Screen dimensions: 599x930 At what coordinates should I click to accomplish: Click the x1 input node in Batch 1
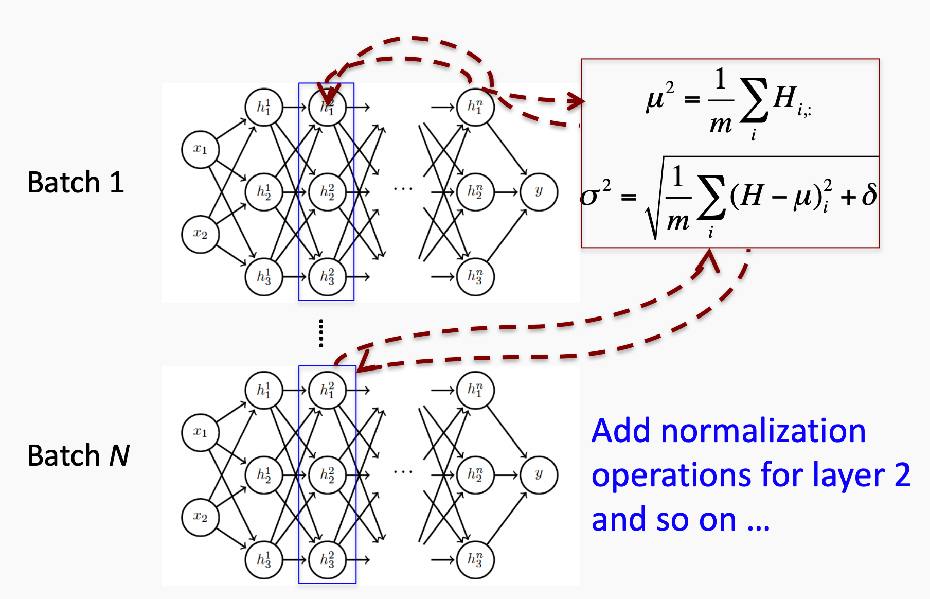coord(201,149)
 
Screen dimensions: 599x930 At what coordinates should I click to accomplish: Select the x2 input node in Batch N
coord(201,517)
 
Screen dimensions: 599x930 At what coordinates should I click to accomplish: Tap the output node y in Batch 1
coord(539,192)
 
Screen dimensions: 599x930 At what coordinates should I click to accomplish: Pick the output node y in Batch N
coord(539,474)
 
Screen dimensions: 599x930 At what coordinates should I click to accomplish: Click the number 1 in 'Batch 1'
coord(117,183)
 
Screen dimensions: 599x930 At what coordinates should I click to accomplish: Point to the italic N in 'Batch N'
coord(119,455)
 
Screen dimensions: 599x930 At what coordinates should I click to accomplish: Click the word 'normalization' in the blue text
coord(763,431)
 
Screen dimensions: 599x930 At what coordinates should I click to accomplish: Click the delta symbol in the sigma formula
coord(869,195)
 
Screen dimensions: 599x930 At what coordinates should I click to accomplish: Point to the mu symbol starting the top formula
coord(655,99)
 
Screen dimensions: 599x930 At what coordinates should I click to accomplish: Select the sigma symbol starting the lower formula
coord(590,196)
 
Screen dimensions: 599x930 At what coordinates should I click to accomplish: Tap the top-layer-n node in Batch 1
coord(475,107)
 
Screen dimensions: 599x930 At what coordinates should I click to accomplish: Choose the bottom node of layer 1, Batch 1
coord(264,277)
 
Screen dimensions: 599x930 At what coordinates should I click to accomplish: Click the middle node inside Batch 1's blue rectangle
coord(327,192)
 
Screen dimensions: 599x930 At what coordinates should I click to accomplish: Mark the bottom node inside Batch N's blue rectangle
coord(327,560)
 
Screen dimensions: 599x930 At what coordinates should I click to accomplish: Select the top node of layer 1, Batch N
coord(264,390)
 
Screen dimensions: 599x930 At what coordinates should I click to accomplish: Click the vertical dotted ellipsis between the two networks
coord(321,333)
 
